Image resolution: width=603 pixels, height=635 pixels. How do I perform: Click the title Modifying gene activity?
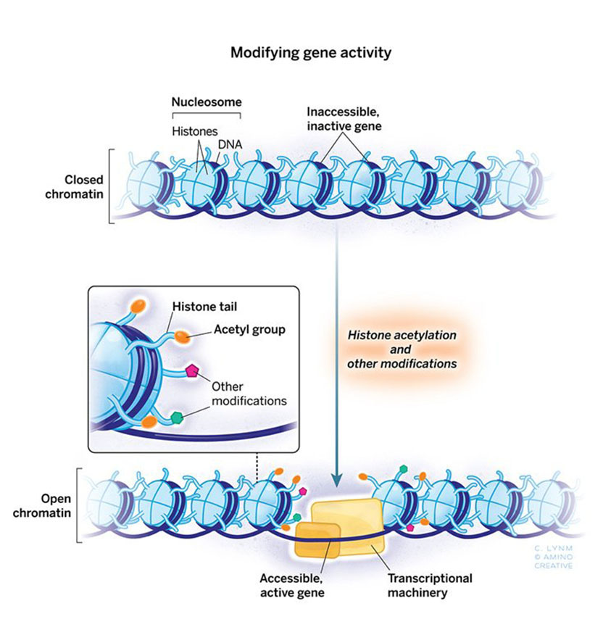(301, 53)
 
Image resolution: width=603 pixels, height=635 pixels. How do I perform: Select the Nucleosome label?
(205, 101)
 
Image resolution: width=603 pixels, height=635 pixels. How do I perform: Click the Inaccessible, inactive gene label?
(343, 119)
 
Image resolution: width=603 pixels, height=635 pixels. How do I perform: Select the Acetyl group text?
(249, 330)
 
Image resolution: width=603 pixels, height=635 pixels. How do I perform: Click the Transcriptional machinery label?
(430, 585)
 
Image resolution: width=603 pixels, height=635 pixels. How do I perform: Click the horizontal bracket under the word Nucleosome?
(205, 115)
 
